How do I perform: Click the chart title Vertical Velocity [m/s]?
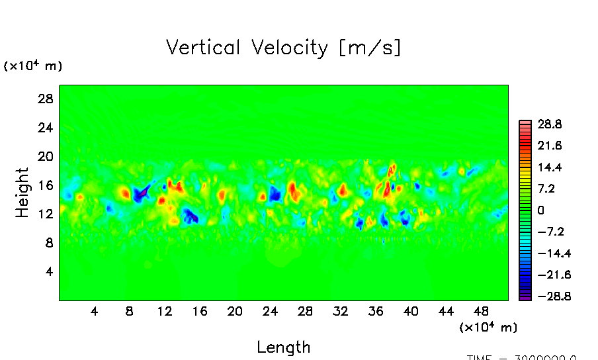[x=283, y=48]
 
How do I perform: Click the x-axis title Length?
[x=283, y=347]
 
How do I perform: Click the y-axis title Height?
[x=23, y=193]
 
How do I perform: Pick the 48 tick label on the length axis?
[x=482, y=311]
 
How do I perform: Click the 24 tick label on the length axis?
[x=270, y=311]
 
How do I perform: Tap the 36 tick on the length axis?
[x=376, y=311]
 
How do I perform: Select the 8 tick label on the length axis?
[x=129, y=311]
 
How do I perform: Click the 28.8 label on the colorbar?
[x=549, y=124]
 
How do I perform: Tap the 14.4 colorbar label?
[x=549, y=167]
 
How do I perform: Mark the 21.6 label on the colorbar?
[x=549, y=146]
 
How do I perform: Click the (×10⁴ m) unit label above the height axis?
[x=33, y=66]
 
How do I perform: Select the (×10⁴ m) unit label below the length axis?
[x=488, y=327]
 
